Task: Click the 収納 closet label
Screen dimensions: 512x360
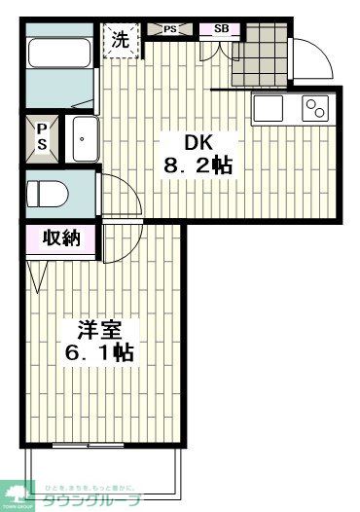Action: click(60, 238)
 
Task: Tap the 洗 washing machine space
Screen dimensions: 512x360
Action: click(121, 41)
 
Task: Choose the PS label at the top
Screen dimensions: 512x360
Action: click(170, 29)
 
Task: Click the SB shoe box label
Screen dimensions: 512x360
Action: click(221, 29)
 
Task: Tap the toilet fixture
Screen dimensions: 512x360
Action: click(46, 193)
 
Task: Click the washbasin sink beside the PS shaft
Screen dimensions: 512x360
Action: click(85, 138)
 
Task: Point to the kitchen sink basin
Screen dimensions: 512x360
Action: click(269, 107)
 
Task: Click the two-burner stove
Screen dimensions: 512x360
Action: click(316, 107)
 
